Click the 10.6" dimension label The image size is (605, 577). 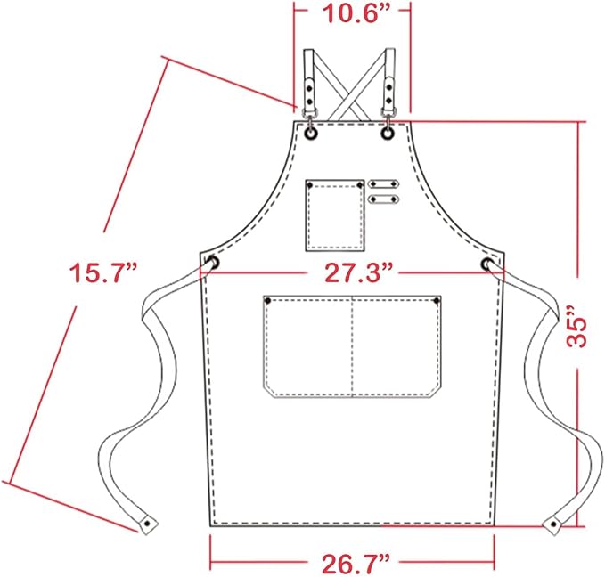[351, 14]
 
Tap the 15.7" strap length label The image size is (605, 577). [103, 272]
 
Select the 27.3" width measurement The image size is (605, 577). [353, 272]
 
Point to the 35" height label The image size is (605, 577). [577, 327]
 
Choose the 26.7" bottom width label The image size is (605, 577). [352, 565]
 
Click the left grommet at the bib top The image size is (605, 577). [311, 134]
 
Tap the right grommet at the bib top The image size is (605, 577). [388, 134]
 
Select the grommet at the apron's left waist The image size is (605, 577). [213, 263]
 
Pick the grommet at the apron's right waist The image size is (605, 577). [487, 264]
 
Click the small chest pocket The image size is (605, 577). [335, 215]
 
